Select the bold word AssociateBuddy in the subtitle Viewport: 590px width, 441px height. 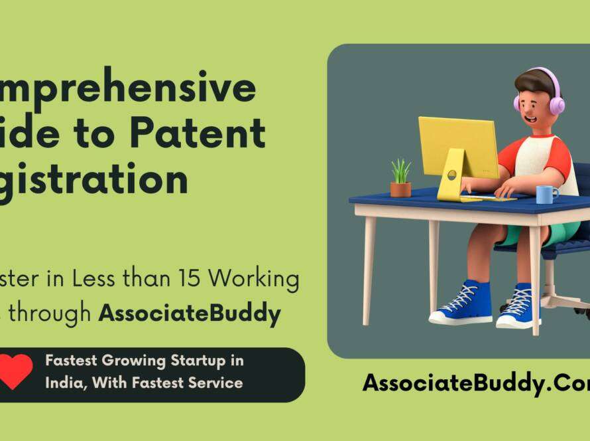tap(190, 313)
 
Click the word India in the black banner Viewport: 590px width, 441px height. tap(61, 383)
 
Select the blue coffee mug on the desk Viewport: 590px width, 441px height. tap(546, 194)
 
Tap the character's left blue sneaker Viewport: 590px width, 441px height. tap(463, 304)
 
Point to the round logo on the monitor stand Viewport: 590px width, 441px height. tap(451, 175)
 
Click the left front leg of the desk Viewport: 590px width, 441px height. tap(369, 266)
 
